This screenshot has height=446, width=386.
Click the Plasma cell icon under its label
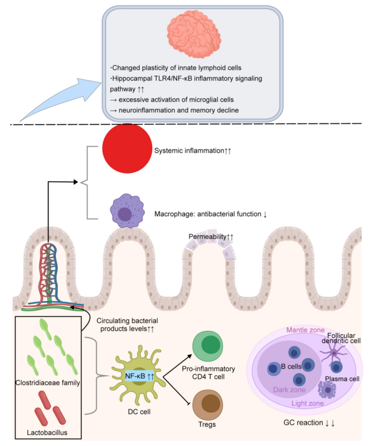[x=327, y=390]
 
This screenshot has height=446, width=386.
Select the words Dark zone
[x=289, y=390]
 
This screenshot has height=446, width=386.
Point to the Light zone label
[x=308, y=403]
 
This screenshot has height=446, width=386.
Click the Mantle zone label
[x=305, y=330]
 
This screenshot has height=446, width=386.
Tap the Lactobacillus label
[x=47, y=432]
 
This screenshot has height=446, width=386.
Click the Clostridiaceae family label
[x=48, y=383]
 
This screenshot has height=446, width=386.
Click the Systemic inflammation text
[x=189, y=151]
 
